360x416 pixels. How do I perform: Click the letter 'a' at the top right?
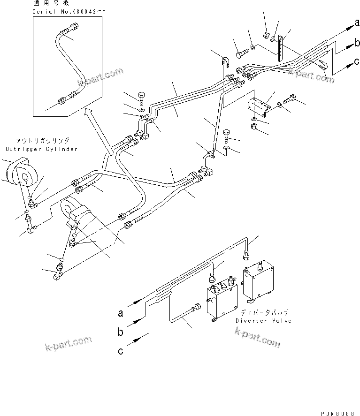pos(356,23)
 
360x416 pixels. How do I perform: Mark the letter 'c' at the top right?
pos(356,61)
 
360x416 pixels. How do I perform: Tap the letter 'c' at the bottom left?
pos(121,350)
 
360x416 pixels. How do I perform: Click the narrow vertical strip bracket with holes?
pos(280,48)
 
